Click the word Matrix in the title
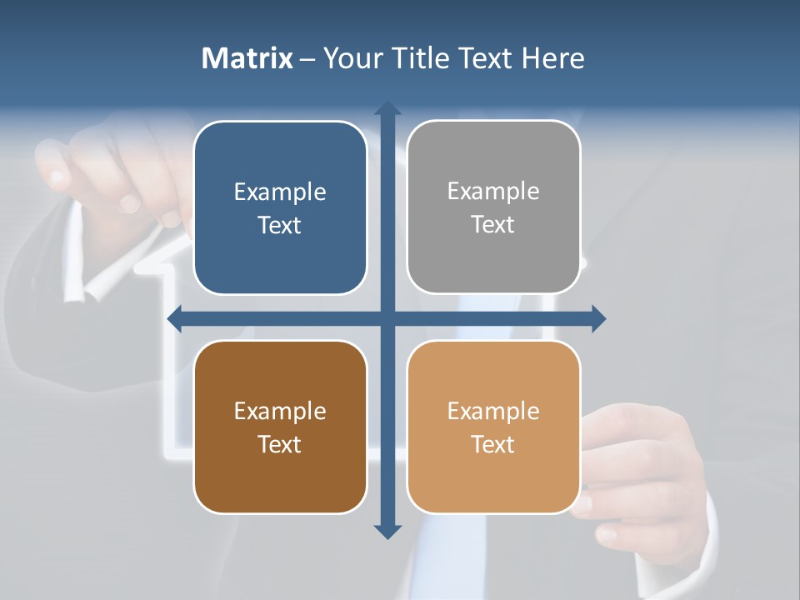(247, 58)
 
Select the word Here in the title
(553, 58)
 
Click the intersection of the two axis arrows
(387, 318)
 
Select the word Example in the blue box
(280, 192)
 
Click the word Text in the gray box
(493, 224)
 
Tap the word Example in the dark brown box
(280, 412)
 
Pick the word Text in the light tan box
(493, 444)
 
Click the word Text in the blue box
(280, 225)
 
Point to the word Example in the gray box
(493, 192)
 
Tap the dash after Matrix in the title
(307, 59)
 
